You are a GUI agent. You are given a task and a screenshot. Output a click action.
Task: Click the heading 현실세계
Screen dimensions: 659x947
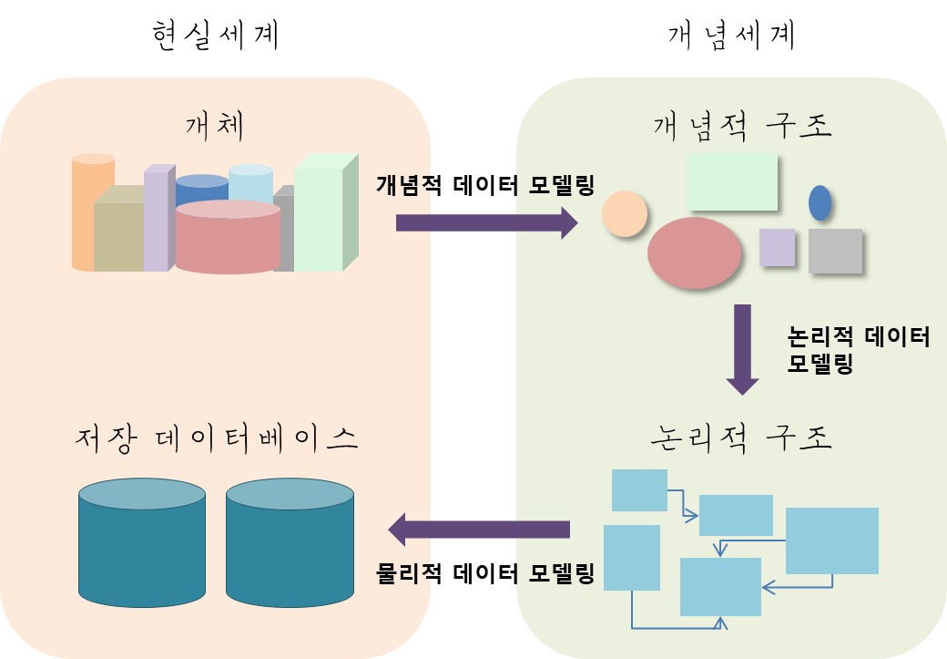click(x=214, y=36)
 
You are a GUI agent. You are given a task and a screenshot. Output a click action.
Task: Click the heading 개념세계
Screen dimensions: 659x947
click(x=732, y=36)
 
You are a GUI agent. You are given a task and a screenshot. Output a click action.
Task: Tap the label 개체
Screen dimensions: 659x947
click(x=214, y=125)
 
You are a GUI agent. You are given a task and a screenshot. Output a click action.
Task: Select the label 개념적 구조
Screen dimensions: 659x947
click(x=742, y=126)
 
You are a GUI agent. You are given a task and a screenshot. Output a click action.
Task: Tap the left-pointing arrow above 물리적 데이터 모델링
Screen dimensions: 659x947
click(x=480, y=529)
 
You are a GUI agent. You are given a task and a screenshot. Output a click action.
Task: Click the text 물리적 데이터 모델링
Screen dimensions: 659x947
click(x=485, y=574)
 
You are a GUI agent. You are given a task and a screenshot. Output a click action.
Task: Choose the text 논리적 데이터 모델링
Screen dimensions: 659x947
click(x=857, y=351)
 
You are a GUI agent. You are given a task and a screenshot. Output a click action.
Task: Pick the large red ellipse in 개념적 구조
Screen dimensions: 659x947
click(x=694, y=252)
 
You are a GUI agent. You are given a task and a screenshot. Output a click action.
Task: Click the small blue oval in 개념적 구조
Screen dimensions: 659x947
click(x=820, y=202)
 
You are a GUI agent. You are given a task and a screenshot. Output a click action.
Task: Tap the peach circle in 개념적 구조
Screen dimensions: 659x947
click(x=625, y=214)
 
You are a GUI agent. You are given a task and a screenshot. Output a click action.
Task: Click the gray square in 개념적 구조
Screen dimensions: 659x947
click(x=835, y=251)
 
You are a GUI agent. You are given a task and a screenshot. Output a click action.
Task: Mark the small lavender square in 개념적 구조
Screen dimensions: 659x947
click(x=777, y=247)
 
